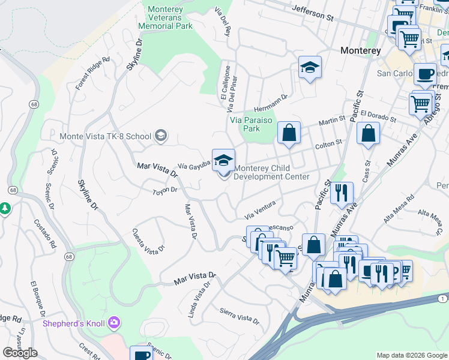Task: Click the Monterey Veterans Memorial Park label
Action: (165, 18)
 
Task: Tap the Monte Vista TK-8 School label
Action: (105, 136)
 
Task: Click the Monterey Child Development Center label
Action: (271, 173)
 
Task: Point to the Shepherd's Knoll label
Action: (73, 324)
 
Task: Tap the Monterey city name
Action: (360, 51)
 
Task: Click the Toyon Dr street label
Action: (165, 191)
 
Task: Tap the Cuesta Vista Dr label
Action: (148, 239)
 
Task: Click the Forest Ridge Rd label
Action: (93, 73)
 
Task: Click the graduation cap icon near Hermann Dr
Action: (310, 68)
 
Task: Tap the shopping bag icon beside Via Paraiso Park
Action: (289, 134)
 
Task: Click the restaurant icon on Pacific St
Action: (342, 193)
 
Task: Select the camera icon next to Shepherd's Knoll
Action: (114, 324)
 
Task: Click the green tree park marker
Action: (5, 208)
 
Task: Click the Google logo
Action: (20, 353)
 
